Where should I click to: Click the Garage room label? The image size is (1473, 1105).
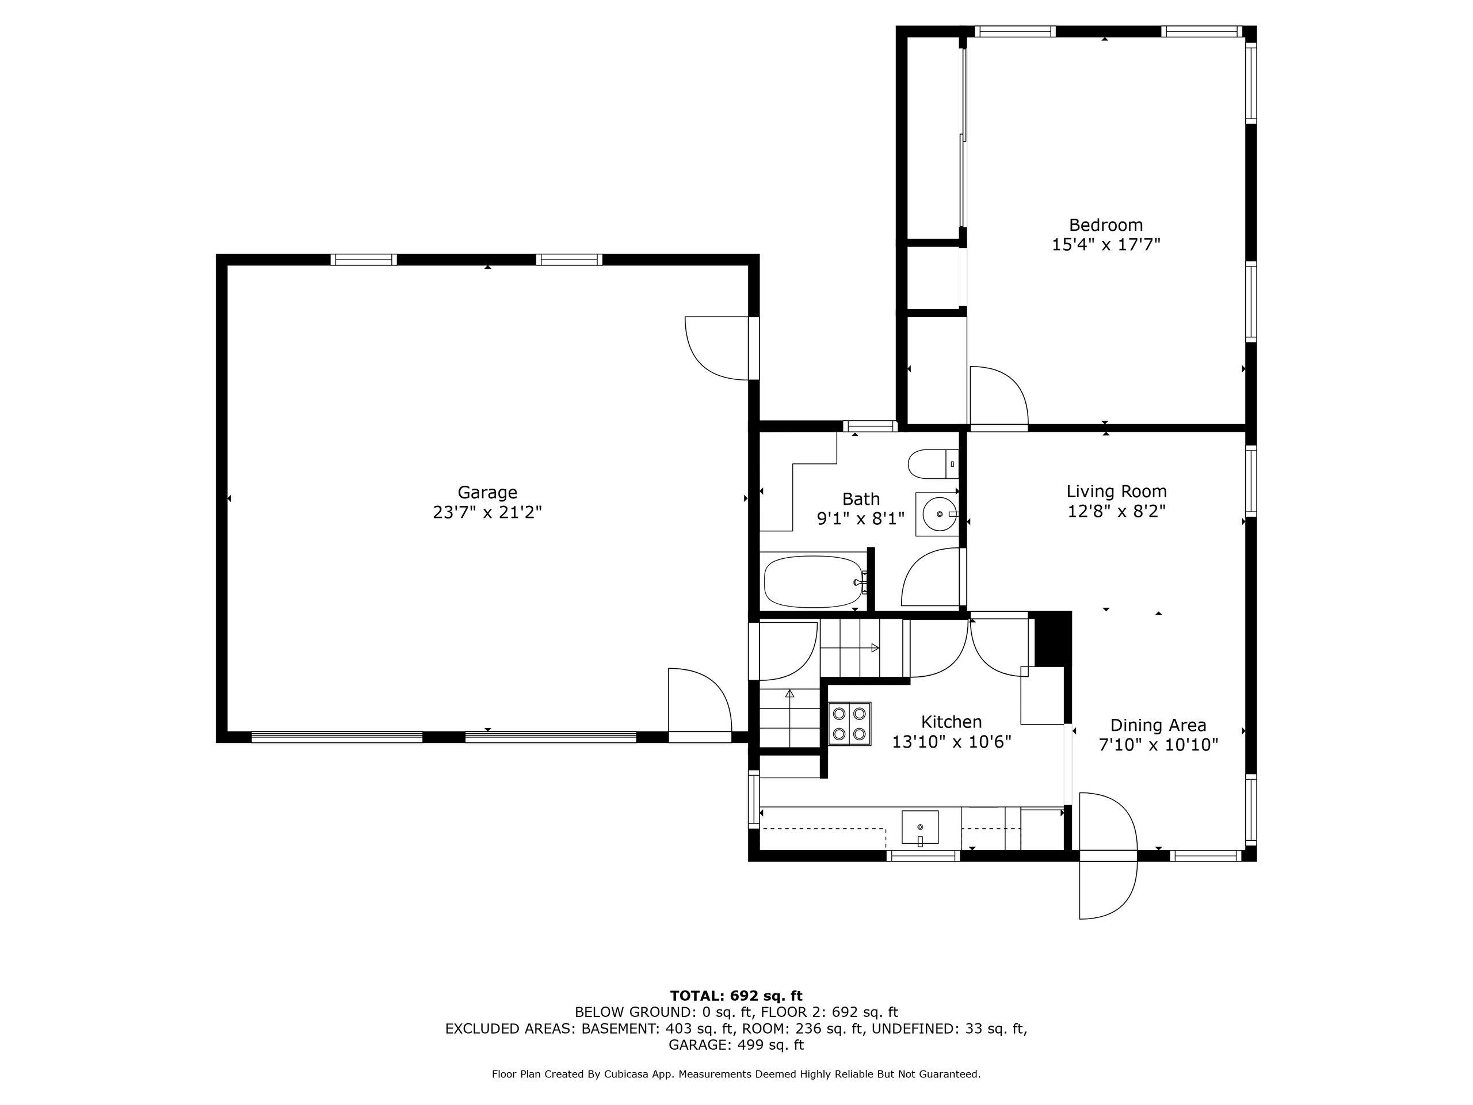[x=487, y=492]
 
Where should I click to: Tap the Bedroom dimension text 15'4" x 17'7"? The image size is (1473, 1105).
[x=1105, y=245]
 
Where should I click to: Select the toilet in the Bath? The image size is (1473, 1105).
[x=933, y=463]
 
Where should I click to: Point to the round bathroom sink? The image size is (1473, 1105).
[x=938, y=513]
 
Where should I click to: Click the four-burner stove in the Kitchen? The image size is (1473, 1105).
[x=849, y=723]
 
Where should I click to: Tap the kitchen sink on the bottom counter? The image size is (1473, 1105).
[x=919, y=826]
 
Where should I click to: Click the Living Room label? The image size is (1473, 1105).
[x=1116, y=491]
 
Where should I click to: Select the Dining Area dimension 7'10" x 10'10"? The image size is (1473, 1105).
[x=1158, y=745]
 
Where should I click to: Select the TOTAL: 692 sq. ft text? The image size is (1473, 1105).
[x=736, y=996]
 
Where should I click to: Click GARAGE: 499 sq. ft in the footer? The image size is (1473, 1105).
[x=736, y=1045]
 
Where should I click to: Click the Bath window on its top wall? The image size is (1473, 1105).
[x=869, y=426]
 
